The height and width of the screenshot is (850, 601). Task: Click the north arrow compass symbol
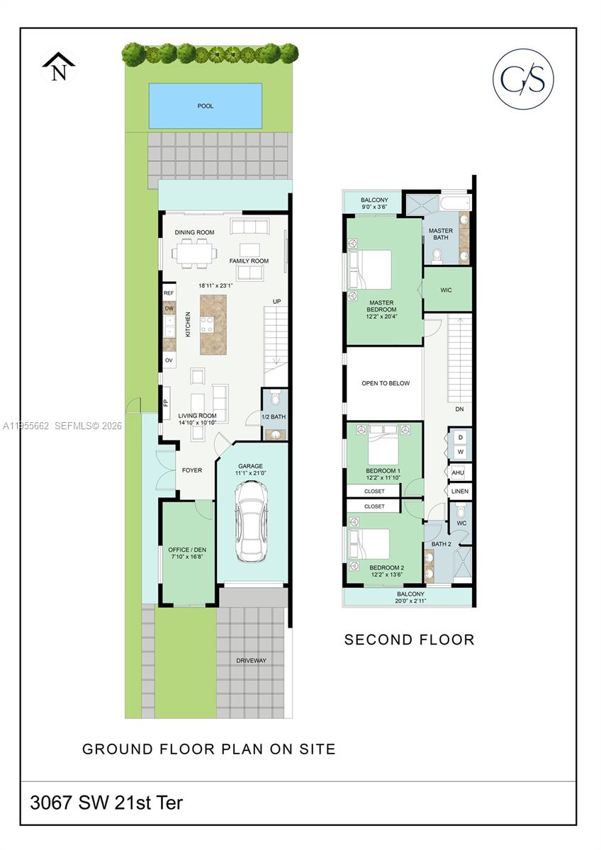pos(58,67)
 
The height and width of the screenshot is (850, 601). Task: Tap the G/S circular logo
pos(523,79)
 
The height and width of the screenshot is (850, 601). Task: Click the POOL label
pos(206,106)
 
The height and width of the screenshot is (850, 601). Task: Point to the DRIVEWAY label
pos(252,661)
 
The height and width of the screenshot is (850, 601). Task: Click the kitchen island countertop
pos(213,325)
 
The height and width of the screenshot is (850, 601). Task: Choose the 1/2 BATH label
pos(274,417)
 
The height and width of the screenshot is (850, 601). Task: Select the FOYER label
pos(192,470)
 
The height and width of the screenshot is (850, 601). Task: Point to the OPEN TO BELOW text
pos(386,383)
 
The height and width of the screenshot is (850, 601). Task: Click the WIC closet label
pos(446,290)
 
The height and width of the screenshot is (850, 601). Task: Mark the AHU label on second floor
pos(458,472)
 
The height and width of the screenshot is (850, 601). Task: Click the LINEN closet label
pos(460,491)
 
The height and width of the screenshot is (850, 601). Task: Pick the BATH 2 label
pos(441,544)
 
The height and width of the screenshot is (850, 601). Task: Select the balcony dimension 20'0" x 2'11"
pos(410,601)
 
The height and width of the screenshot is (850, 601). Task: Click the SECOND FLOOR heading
pos(409,640)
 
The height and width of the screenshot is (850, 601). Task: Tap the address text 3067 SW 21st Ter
pos(106,803)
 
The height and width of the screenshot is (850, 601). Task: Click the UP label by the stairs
pos(277,302)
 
